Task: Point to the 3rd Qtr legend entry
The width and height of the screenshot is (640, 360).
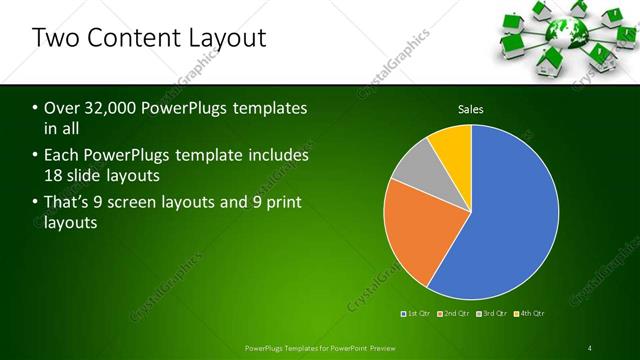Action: tap(492, 314)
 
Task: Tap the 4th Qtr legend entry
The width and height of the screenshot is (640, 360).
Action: tap(529, 314)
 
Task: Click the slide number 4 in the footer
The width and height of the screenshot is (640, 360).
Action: tap(590, 348)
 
